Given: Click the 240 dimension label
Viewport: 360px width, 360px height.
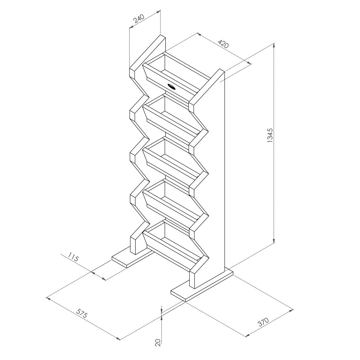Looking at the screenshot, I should pyautogui.click(x=139, y=19).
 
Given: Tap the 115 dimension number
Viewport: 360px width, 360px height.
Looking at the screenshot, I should pyautogui.click(x=73, y=258).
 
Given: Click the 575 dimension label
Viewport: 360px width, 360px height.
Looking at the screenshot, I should pyautogui.click(x=82, y=314).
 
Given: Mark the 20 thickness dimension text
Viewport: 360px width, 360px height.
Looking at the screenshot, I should pyautogui.click(x=157, y=342).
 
